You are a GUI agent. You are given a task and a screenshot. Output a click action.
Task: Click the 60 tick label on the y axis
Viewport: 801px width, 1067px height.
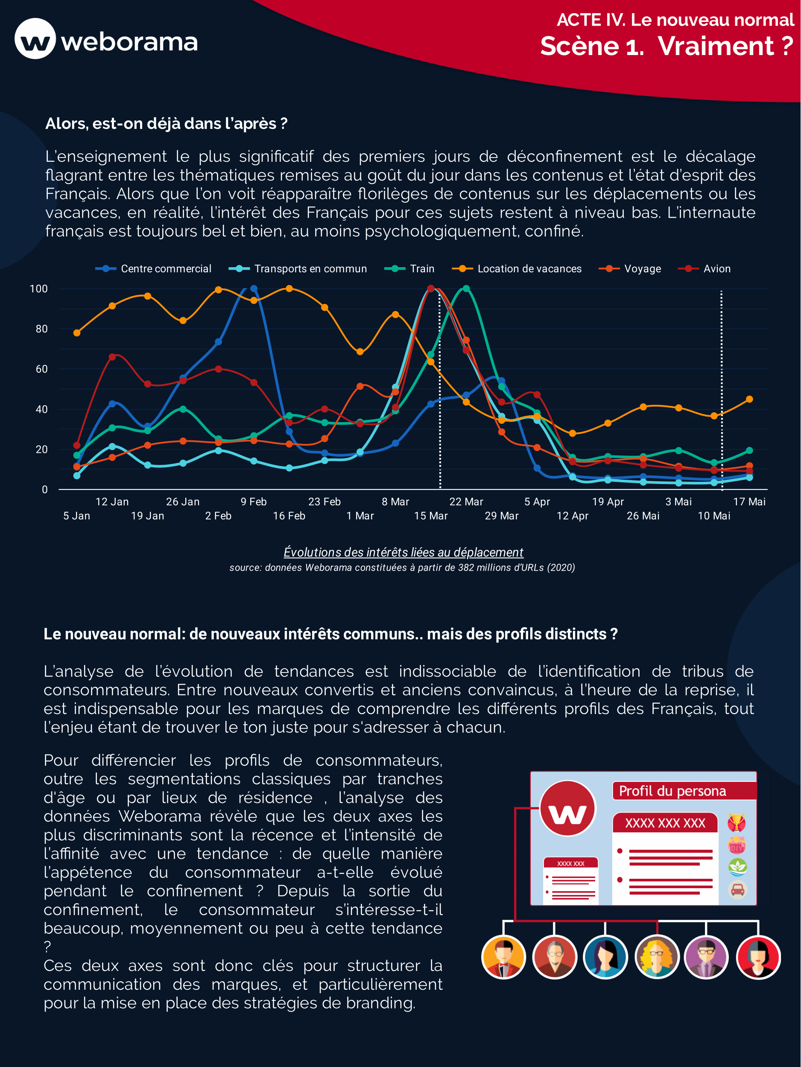tap(41, 369)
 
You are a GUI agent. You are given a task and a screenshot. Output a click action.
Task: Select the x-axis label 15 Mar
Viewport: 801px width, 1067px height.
tap(430, 516)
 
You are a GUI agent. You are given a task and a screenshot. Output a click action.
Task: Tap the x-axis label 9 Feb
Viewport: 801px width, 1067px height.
tap(253, 501)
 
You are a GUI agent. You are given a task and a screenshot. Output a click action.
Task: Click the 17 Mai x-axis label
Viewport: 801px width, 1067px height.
tap(749, 501)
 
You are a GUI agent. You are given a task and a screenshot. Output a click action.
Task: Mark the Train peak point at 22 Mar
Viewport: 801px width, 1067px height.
tap(466, 289)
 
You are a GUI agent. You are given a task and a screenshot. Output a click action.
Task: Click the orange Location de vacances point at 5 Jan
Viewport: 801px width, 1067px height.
tap(77, 333)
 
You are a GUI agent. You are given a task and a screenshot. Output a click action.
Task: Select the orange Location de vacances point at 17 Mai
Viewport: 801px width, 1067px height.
tap(749, 399)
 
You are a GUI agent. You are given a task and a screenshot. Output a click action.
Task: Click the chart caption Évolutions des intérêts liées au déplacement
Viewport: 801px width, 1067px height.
tap(403, 552)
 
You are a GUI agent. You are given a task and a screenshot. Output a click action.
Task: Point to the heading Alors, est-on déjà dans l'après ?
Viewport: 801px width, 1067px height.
tap(166, 124)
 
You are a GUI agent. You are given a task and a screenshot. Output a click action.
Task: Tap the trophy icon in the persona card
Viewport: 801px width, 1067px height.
tap(737, 823)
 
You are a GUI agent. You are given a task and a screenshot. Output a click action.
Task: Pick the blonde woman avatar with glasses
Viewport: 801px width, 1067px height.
tap(657, 957)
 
